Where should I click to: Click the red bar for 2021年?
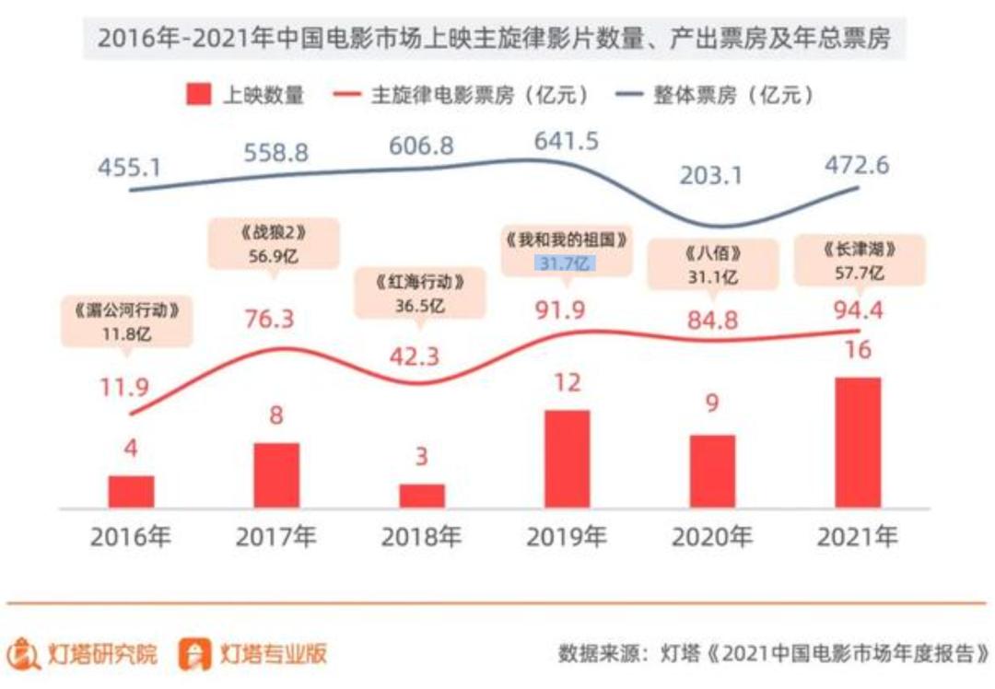(x=858, y=442)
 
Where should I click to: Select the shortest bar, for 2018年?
(x=422, y=496)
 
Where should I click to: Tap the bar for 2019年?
(x=567, y=459)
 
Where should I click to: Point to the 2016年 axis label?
(x=131, y=537)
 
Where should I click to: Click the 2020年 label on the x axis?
(x=712, y=537)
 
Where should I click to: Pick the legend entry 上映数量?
(x=245, y=95)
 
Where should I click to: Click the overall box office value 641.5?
(x=566, y=141)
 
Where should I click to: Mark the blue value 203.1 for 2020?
(x=711, y=175)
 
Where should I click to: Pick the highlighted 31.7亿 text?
(x=566, y=264)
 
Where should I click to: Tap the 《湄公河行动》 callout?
(x=128, y=321)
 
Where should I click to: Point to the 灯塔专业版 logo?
(x=252, y=653)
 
